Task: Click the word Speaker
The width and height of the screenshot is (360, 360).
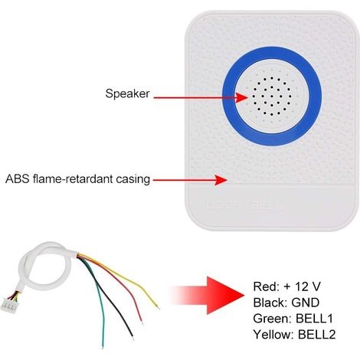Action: (x=127, y=94)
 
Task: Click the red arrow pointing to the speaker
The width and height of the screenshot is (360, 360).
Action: (x=201, y=97)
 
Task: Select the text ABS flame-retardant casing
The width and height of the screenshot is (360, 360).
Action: (x=77, y=179)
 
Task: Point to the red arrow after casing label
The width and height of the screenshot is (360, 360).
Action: (x=190, y=180)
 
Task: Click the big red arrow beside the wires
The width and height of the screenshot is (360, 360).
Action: (x=207, y=296)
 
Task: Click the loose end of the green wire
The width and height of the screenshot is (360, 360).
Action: (x=103, y=348)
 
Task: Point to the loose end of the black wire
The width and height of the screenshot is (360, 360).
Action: (x=133, y=338)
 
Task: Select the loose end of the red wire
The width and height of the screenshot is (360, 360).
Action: (x=142, y=322)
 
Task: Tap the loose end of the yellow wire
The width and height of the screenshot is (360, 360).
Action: (x=159, y=307)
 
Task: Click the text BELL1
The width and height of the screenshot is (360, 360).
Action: (x=314, y=319)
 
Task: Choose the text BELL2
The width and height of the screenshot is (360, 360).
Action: (x=316, y=335)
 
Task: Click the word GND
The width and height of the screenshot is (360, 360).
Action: (x=305, y=303)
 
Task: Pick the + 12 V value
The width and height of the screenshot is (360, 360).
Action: (x=302, y=286)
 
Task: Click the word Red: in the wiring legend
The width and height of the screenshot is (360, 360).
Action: (x=266, y=286)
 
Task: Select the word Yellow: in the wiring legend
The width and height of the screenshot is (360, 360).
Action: (x=273, y=335)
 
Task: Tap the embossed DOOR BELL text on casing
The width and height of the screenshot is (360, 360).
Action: (x=243, y=205)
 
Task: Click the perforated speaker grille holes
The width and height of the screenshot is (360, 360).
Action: (x=272, y=97)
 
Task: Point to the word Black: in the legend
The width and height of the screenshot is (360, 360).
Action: (x=270, y=303)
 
